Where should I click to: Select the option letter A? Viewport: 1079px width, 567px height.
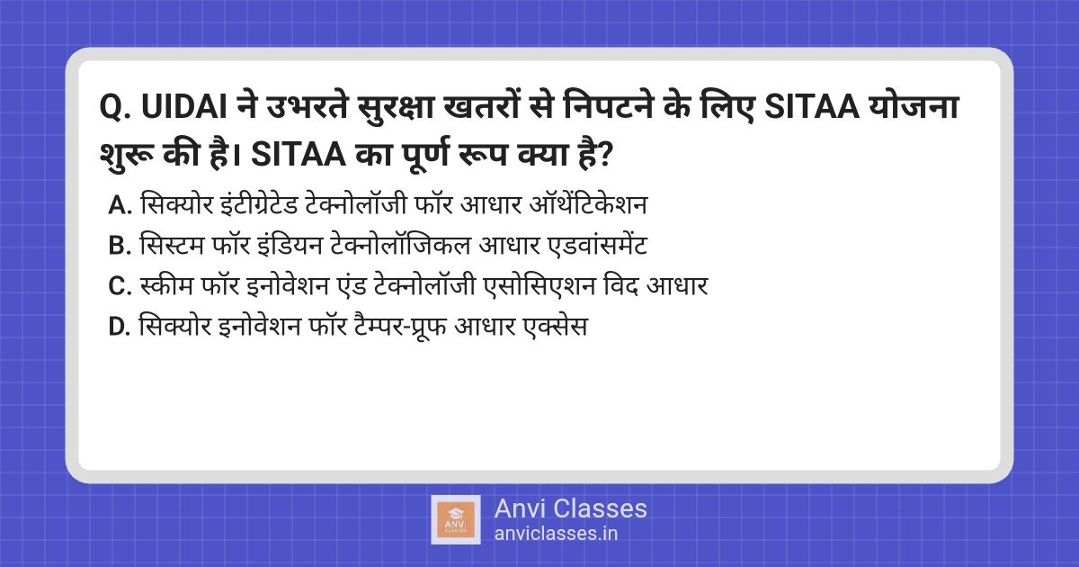(120, 206)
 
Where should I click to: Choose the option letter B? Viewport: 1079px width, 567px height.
(120, 246)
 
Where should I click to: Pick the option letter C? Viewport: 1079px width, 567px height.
(120, 286)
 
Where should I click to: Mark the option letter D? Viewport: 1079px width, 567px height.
(120, 327)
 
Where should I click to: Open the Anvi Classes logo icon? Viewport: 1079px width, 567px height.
(456, 519)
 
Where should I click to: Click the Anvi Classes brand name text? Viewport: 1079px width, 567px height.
(570, 508)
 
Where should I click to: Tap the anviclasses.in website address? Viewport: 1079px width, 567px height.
(556, 533)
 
